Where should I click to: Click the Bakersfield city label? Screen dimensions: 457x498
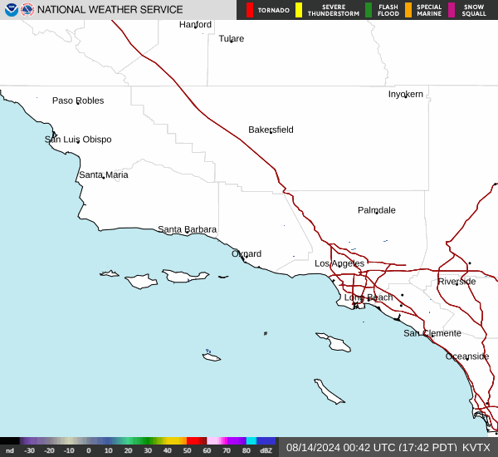tap(271, 130)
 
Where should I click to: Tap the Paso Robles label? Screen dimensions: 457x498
tap(78, 101)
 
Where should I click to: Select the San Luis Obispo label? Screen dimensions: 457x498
tap(78, 140)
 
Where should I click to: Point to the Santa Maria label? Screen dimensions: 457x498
tap(104, 174)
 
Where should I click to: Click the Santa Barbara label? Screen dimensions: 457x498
tap(187, 229)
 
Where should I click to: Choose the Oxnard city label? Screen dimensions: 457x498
tap(247, 253)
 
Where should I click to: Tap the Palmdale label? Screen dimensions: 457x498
tap(376, 210)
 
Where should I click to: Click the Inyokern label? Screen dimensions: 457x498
tap(405, 94)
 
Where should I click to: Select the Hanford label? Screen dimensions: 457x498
tap(195, 25)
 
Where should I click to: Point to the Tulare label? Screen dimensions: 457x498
tap(231, 38)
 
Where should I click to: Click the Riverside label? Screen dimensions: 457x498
tap(456, 281)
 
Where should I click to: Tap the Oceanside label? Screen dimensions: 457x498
tap(467, 356)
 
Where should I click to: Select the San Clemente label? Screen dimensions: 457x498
tap(432, 333)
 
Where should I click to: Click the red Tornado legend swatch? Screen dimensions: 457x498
tap(250, 10)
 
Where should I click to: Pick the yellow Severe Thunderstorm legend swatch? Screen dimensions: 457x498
tap(299, 10)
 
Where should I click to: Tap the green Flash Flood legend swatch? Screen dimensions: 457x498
tap(369, 10)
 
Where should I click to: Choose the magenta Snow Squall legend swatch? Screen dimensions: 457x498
tap(452, 10)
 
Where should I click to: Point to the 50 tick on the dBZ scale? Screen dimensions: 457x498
tap(187, 450)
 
